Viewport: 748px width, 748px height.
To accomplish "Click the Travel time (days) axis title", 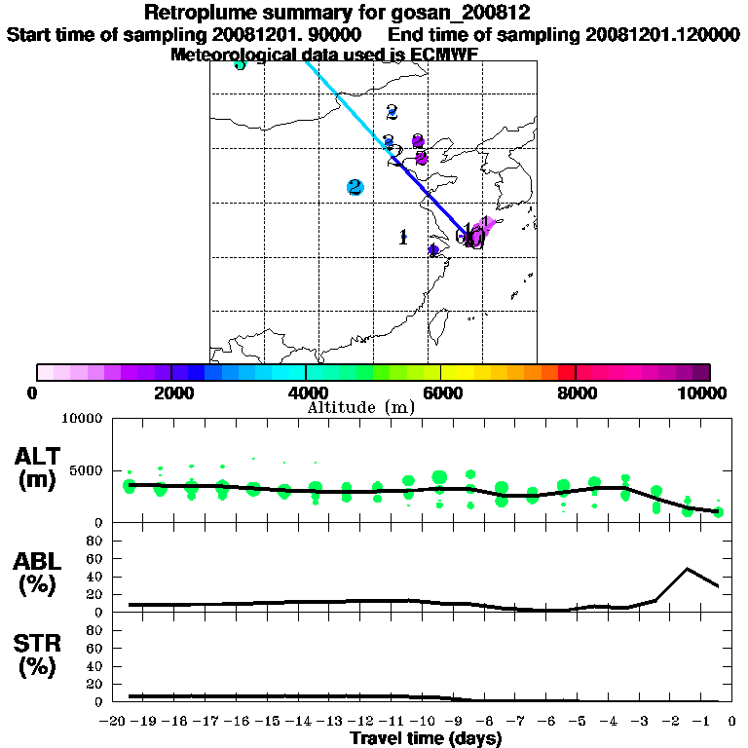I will [426, 739].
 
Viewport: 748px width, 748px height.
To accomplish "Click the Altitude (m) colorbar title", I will [360, 407].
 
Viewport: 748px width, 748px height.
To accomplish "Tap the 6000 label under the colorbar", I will [440, 393].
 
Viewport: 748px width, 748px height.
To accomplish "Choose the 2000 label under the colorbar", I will [171, 393].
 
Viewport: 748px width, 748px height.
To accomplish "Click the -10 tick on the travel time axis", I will [425, 723].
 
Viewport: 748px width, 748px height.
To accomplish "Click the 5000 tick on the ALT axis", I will [85, 470].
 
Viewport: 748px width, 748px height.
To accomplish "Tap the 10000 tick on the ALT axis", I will [81, 419].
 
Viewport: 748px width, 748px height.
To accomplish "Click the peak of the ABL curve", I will [688, 568].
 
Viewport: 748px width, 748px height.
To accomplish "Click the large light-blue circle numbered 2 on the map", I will [355, 187].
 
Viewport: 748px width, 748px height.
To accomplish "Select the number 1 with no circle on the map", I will [403, 237].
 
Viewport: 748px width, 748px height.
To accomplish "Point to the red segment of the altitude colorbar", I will [566, 372].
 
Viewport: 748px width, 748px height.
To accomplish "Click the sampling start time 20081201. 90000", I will [289, 34].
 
